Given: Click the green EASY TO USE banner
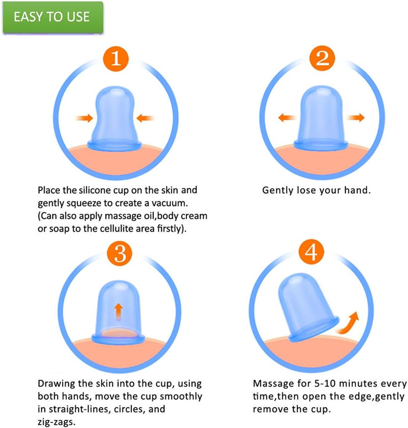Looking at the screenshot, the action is pos(53,17).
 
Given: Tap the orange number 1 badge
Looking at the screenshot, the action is pos(116,59).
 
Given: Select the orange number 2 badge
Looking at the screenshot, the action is pos(322,58).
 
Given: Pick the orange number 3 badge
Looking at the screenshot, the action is pos(120,253).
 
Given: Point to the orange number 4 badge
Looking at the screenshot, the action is pos(311,252).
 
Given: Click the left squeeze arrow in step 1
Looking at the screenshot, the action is pos(84,118).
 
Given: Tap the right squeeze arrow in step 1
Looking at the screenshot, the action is pos(145,118).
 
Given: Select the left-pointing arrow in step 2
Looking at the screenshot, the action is pos(287,118).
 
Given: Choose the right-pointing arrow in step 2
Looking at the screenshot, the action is pos(356,118).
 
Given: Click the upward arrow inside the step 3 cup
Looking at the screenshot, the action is pos(118,311).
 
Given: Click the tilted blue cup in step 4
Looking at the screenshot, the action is pos(308,307).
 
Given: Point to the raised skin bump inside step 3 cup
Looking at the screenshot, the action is pos(118,334).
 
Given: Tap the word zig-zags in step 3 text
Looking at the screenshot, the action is pos(56,422).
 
